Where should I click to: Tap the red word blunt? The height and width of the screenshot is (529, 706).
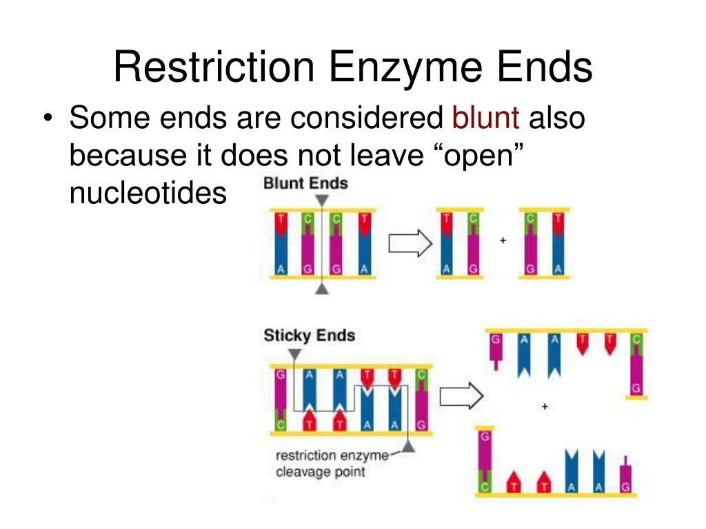pyautogui.click(x=485, y=118)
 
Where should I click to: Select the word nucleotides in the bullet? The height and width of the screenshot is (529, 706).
pyautogui.click(x=148, y=194)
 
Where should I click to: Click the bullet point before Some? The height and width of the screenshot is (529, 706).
pyautogui.click(x=47, y=119)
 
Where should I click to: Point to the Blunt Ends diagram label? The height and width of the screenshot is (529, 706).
pyautogui.click(x=305, y=183)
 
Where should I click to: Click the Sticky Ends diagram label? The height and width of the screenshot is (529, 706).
pyautogui.click(x=309, y=336)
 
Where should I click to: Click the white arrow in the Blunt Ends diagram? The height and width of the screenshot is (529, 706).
pyautogui.click(x=411, y=243)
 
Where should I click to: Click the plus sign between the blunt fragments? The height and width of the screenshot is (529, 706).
pyautogui.click(x=503, y=240)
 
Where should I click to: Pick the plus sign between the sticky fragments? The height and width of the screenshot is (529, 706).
pyautogui.click(x=545, y=407)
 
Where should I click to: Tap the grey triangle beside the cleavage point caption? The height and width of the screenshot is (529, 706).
pyautogui.click(x=408, y=448)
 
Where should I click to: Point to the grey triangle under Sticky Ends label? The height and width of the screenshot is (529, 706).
pyautogui.click(x=294, y=354)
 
